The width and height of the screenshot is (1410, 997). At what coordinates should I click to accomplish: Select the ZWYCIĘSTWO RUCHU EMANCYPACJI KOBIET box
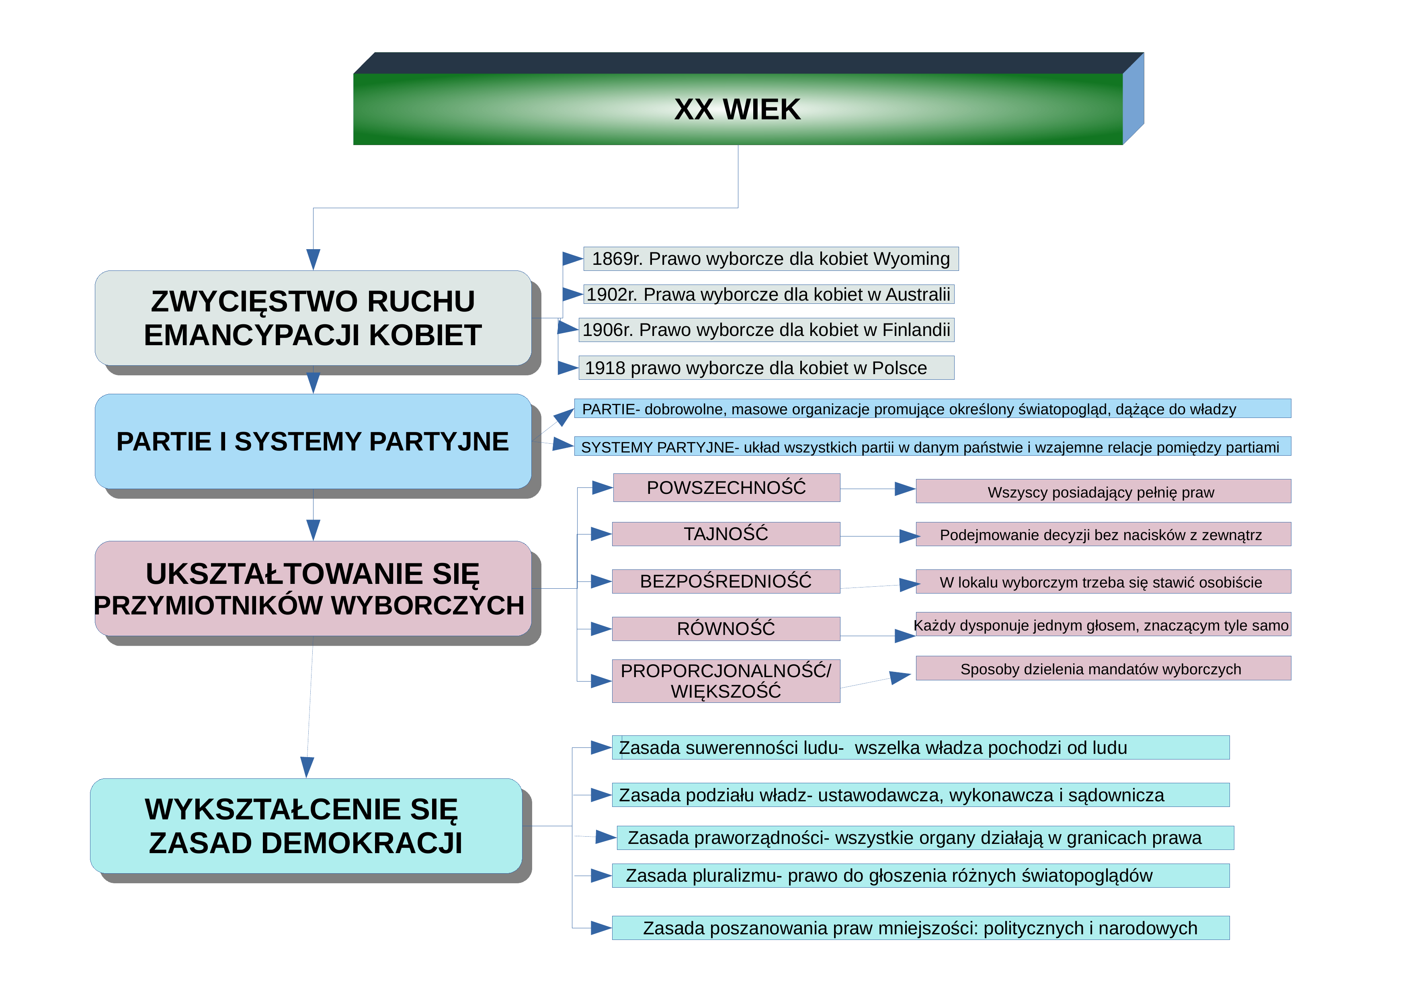click(313, 318)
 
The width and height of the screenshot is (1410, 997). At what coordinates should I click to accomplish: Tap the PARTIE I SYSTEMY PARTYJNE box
click(313, 441)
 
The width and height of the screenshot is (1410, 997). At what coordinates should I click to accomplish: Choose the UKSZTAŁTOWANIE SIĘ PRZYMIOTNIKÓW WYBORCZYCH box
click(313, 588)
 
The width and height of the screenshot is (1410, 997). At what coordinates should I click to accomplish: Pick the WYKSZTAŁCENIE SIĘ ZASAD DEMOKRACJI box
click(306, 826)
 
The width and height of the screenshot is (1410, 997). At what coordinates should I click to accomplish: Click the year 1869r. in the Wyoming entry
click(617, 258)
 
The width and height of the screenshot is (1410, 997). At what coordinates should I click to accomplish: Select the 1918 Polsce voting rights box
click(766, 368)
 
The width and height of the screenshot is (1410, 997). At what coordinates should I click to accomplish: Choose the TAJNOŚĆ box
click(726, 534)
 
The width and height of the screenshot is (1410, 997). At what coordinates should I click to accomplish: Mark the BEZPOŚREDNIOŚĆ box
click(726, 581)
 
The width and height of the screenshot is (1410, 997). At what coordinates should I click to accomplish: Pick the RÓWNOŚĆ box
click(726, 628)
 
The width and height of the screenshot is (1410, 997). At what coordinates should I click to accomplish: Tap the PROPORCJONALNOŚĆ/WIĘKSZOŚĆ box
click(726, 681)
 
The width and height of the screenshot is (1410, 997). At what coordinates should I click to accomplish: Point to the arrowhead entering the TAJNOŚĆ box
click(601, 534)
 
